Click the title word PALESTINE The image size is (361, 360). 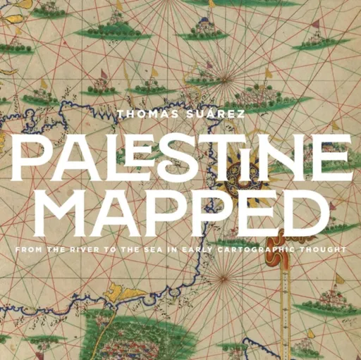180,157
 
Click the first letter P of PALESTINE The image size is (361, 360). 29,157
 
